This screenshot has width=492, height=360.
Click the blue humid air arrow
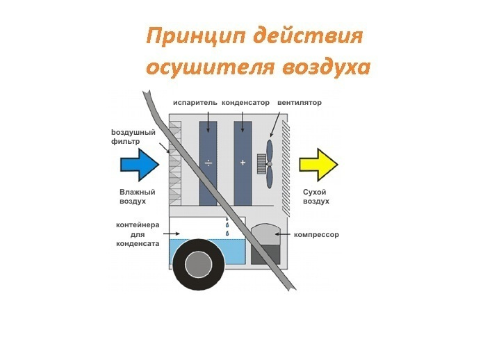pyautogui.click(x=140, y=165)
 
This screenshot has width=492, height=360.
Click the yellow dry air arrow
pyautogui.click(x=318, y=165)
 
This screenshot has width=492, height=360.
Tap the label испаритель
pyautogui.click(x=195, y=103)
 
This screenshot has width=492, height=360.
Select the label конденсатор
pyautogui.click(x=245, y=103)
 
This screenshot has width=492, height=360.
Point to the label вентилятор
pyautogui.click(x=300, y=103)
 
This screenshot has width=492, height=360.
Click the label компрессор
pyautogui.click(x=316, y=235)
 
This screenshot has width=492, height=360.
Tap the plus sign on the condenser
pyautogui.click(x=243, y=163)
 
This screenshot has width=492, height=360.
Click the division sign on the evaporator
pyautogui.click(x=208, y=163)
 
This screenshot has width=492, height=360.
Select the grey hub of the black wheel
pyautogui.click(x=198, y=265)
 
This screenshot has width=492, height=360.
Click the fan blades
pyautogui.click(x=270, y=164)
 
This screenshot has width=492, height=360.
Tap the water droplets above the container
pyautogui.click(x=227, y=226)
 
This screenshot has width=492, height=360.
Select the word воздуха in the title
pyautogui.click(x=327, y=67)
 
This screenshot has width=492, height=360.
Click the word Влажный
pyautogui.click(x=138, y=192)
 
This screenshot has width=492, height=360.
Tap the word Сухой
pyautogui.click(x=314, y=192)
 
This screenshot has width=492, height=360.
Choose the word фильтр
pyautogui.click(x=126, y=142)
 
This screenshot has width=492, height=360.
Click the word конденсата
pyautogui.click(x=138, y=243)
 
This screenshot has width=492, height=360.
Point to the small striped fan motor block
pyautogui.click(x=261, y=164)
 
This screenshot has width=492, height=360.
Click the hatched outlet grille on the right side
pyautogui.click(x=286, y=168)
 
